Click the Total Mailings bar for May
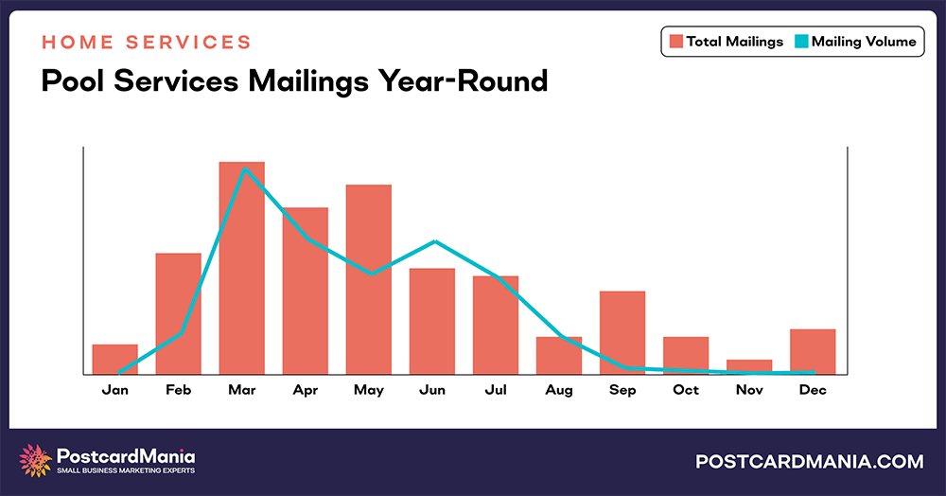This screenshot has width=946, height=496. (x=368, y=279)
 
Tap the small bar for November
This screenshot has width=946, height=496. (x=749, y=366)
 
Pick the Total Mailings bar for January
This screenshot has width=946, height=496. (x=114, y=359)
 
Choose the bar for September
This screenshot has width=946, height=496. (x=622, y=332)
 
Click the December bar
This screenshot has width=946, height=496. (x=813, y=351)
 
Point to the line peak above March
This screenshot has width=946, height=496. (x=245, y=169)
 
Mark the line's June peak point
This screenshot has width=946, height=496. (x=434, y=241)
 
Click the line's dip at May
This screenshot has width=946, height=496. (x=372, y=274)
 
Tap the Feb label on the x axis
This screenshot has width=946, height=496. (x=178, y=390)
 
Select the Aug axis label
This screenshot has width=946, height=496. (x=558, y=390)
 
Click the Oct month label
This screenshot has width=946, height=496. (x=686, y=390)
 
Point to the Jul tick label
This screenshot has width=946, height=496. (x=495, y=390)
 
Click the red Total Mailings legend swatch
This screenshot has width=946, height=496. (x=675, y=42)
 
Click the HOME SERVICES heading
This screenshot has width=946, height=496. (x=147, y=43)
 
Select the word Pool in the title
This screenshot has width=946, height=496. (x=74, y=80)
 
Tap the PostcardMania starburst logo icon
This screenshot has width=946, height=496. (x=36, y=460)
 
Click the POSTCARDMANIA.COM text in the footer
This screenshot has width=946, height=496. (x=809, y=461)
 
